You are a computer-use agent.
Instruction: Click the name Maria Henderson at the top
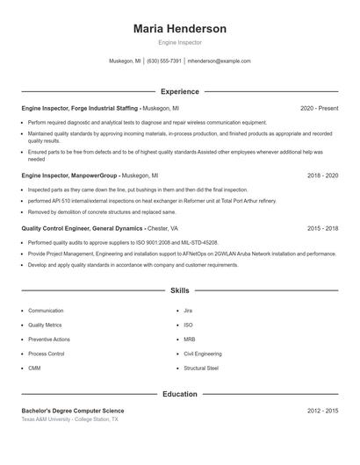[179, 29]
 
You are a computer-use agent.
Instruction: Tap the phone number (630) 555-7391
[164, 61]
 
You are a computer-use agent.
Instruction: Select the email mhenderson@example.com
[220, 61]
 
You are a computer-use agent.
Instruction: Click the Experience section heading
[179, 91]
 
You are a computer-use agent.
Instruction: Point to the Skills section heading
[179, 290]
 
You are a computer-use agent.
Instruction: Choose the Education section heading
[179, 394]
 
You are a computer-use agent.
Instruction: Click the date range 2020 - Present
[319, 108]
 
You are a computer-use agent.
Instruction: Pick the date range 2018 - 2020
[322, 175]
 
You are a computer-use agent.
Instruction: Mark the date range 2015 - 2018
[322, 227]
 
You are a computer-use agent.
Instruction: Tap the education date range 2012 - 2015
[322, 411]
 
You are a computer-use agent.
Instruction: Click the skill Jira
[188, 311]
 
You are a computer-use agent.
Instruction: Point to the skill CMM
[34, 368]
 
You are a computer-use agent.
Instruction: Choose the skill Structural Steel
[201, 368]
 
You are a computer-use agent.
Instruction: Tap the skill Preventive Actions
[49, 340]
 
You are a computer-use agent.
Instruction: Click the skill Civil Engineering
[203, 354]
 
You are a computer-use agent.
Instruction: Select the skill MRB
[190, 340]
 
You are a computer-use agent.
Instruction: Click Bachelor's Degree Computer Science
[74, 411]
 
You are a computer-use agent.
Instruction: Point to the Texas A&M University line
[70, 420]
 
